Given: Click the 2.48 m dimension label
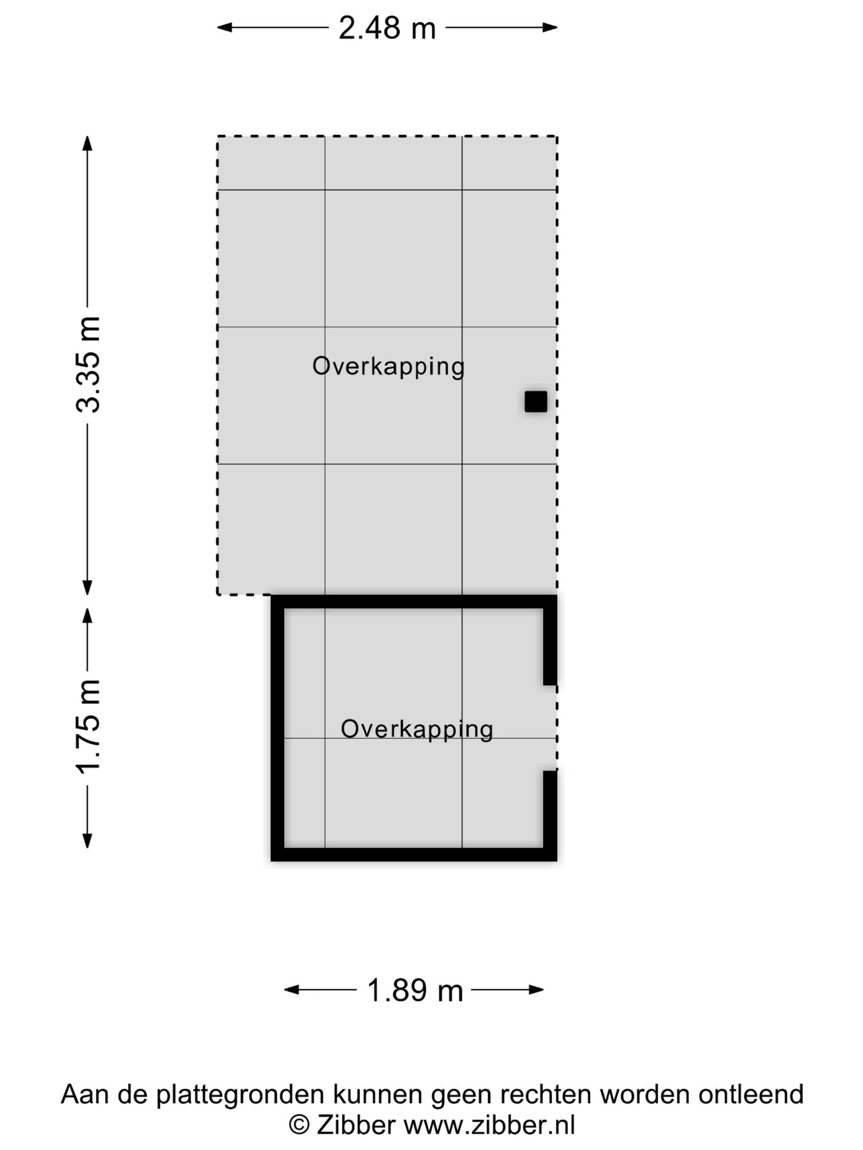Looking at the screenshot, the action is click(x=387, y=28).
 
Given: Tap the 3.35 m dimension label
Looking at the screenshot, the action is click(x=88, y=364).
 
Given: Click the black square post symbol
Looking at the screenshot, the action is click(x=536, y=402).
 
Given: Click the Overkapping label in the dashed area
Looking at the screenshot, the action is click(x=388, y=367).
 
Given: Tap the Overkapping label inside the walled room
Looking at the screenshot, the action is click(x=417, y=730).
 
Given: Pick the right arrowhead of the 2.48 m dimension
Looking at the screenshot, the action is click(x=550, y=28).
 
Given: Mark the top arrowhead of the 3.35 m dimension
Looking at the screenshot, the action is click(x=88, y=144).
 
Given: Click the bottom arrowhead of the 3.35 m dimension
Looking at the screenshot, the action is click(x=88, y=587).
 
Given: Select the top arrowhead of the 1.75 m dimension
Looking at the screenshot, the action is click(x=88, y=616).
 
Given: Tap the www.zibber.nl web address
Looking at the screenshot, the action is click(x=489, y=1125).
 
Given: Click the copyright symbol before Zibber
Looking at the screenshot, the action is click(x=299, y=1125).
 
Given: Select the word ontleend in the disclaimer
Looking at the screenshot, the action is click(x=751, y=1094).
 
